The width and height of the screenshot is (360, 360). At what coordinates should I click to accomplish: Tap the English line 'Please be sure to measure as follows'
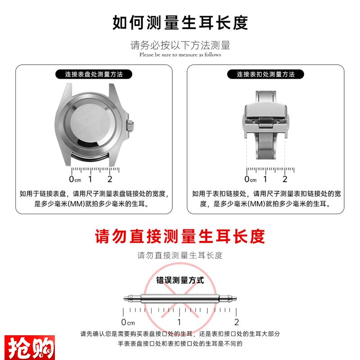click(180, 55)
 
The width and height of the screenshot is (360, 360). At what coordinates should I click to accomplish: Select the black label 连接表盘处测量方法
click(94, 74)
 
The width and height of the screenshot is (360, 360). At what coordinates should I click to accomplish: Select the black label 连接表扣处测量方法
click(265, 74)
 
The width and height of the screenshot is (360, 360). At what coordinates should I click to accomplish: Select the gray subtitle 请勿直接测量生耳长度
click(180, 256)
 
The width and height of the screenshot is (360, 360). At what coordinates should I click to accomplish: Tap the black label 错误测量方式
click(180, 280)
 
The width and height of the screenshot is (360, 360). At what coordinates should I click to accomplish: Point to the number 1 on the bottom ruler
click(179, 322)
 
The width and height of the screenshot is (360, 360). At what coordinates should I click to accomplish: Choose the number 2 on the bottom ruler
click(236, 322)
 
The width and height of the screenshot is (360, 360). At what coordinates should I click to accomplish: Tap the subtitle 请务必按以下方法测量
click(180, 45)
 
